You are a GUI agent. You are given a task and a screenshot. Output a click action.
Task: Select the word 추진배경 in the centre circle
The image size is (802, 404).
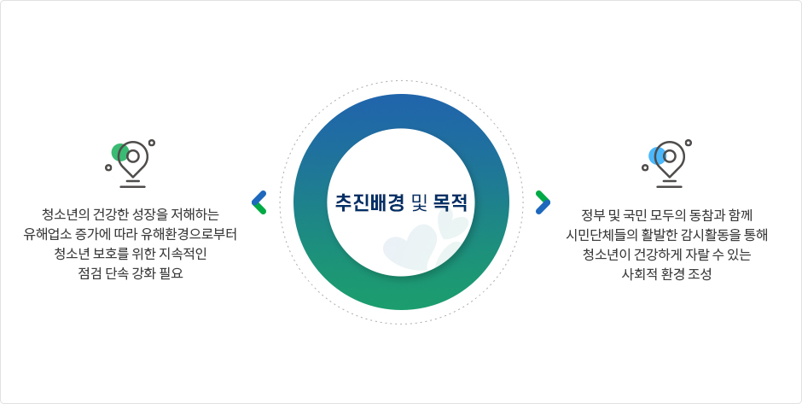pos(369,202)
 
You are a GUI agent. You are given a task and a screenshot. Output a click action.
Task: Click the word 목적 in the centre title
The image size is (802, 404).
pos(450,202)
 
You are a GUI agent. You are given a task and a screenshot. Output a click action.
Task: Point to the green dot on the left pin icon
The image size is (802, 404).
pos(119,152)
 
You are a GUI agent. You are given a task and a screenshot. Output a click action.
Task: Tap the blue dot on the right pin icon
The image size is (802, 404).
pos(657,155)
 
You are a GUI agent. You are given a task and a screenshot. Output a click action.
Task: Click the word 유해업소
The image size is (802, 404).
pos(42,234)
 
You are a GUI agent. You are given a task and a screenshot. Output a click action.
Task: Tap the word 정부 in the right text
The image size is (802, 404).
pos(590,214)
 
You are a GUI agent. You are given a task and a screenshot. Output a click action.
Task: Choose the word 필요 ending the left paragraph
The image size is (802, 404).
pos(174,273)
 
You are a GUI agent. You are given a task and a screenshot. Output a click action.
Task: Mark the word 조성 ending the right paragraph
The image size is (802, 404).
pos(701,274)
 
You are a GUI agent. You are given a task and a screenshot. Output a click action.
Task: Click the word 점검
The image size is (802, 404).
pos(88,273)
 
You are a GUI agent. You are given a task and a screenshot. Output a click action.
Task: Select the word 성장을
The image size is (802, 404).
pos(146,214)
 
